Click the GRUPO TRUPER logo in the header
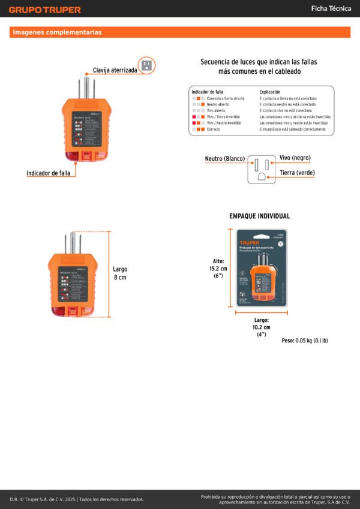pos(45,10)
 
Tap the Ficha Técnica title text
pos(331,8)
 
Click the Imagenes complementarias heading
pos(58,32)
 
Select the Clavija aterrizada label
pos(115,70)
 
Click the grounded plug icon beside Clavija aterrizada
pos(146,65)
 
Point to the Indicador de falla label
pos(48,173)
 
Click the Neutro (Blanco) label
pos(225,159)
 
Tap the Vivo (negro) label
pos(295,157)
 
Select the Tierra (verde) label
pos(297,173)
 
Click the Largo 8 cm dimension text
pos(120,273)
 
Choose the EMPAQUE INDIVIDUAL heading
pos(259,216)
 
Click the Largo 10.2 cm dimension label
pos(262,327)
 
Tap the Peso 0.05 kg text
pos(305,341)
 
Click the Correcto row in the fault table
pos(213,129)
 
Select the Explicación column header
pos(270,92)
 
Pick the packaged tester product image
pos(262,268)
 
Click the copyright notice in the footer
pos(77,499)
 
